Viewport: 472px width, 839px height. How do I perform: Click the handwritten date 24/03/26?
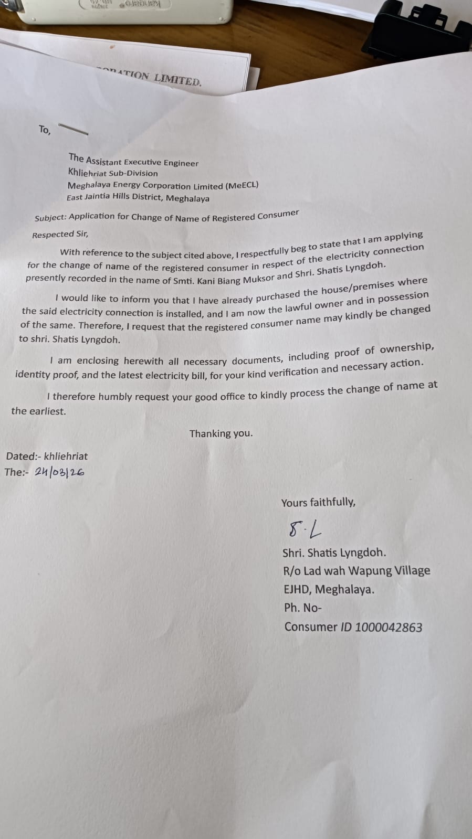[x=59, y=472]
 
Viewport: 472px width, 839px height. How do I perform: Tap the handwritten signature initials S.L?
[x=305, y=529]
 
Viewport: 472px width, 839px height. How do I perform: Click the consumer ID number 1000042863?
[x=389, y=627]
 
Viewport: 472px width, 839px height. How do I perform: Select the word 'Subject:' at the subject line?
[x=50, y=217]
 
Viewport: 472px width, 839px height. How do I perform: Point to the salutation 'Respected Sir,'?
[x=60, y=234]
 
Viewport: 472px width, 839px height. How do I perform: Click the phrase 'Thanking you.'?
[x=221, y=433]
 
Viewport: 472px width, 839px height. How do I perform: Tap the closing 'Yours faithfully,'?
[x=318, y=502]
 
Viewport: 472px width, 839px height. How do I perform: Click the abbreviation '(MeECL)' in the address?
[x=242, y=185]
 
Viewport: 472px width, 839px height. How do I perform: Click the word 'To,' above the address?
[x=45, y=130]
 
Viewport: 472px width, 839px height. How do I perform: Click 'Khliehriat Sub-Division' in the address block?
[x=113, y=173]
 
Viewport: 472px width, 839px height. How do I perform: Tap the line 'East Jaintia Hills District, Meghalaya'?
[x=138, y=198]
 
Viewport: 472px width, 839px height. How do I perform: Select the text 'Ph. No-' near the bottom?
[x=302, y=608]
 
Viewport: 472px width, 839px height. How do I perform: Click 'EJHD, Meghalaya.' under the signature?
[x=329, y=589]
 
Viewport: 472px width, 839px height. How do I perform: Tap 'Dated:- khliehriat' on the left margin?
[x=47, y=456]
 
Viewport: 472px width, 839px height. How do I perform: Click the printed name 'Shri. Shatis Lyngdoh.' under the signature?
[x=334, y=553]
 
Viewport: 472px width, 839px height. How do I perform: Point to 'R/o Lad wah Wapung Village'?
[x=356, y=571]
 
